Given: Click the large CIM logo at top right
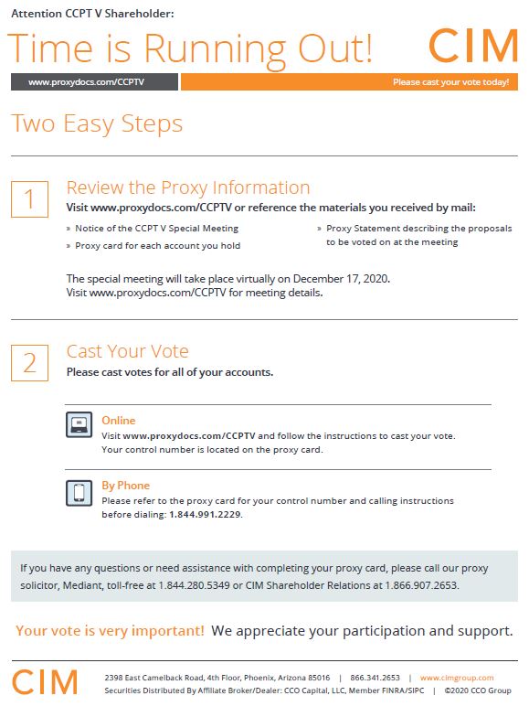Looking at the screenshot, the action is click(473, 46).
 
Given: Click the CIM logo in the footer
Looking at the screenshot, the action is click(45, 682).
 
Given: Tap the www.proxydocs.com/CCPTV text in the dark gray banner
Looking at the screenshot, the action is click(86, 82).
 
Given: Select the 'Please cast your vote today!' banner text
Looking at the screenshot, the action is click(450, 82).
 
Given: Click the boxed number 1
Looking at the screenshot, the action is click(29, 199).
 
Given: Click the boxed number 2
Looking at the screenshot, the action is click(29, 363).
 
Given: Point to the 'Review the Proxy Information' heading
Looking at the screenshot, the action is click(188, 187).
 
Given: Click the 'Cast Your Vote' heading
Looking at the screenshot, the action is click(127, 351).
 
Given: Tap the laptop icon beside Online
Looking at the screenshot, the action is click(79, 424).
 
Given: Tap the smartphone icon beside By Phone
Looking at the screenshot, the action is click(79, 493).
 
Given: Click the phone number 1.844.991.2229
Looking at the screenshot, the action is click(206, 514).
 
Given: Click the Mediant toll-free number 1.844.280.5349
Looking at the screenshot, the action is click(194, 585).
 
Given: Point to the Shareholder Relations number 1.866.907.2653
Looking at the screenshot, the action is click(421, 585).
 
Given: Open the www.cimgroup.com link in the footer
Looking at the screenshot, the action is click(457, 678).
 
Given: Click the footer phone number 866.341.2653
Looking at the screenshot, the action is click(376, 678).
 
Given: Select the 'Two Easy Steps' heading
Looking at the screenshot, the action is click(97, 124).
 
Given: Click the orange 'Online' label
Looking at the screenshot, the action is click(118, 420).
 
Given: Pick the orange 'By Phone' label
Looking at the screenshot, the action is click(125, 486).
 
